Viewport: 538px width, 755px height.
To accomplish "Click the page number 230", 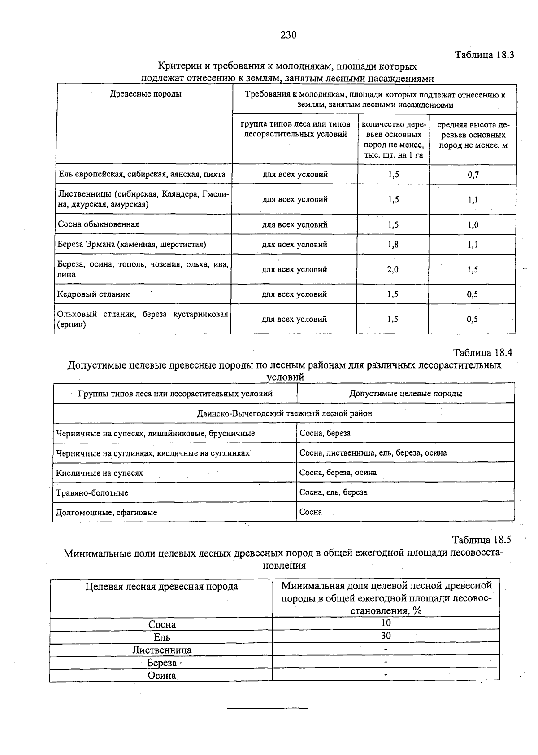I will click(289, 35).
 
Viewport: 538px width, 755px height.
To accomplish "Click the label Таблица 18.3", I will click(484, 55).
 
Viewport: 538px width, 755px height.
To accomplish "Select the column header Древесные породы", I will click(146, 94).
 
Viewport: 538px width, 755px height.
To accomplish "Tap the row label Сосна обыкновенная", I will click(99, 224).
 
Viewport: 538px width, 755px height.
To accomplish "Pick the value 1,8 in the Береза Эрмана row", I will click(393, 245).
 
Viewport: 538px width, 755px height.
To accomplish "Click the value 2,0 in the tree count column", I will click(393, 270).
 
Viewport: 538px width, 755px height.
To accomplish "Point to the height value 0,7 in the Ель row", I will click(473, 175).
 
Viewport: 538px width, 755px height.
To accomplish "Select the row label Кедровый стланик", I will click(94, 294).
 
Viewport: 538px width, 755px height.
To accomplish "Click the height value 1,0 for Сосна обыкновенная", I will click(473, 225).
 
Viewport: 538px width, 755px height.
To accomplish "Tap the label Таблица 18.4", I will click(482, 352).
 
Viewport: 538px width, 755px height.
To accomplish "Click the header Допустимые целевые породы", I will click(406, 394).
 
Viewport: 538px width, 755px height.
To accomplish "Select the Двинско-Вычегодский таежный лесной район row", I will click(284, 413).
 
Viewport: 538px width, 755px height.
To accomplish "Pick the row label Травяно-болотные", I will click(92, 493).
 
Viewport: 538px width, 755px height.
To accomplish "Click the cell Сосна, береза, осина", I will click(338, 473).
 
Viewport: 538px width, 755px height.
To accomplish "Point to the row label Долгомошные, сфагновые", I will click(107, 513).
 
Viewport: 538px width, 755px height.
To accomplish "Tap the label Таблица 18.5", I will click(482, 540).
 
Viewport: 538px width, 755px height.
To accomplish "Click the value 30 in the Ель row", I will click(386, 636).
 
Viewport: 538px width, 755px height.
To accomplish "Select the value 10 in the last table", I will click(386, 623).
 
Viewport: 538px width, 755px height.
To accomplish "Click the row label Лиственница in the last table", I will click(162, 650).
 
